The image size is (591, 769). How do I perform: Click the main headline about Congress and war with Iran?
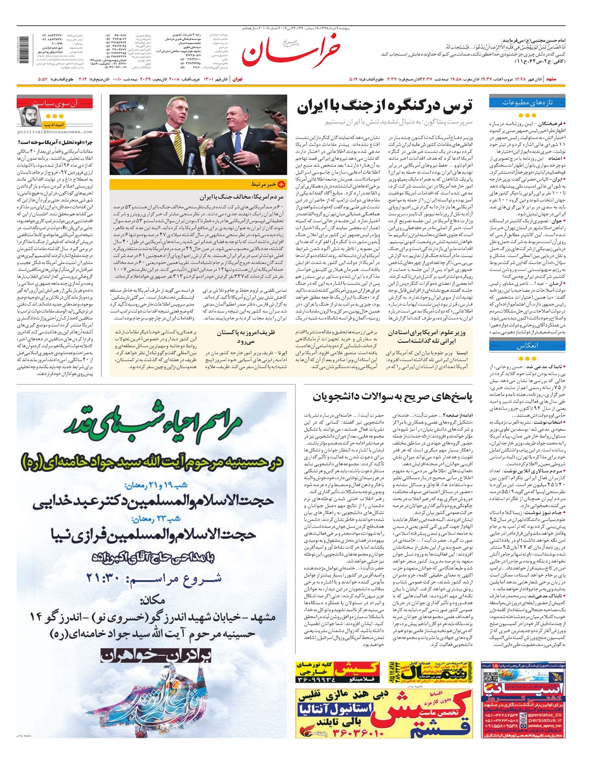(x=385, y=106)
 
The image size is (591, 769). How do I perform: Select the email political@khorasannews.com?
(x=55, y=132)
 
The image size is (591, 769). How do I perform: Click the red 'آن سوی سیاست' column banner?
(x=55, y=103)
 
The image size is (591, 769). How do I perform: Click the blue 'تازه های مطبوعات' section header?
(x=527, y=103)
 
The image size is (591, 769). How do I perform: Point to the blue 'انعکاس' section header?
(x=527, y=346)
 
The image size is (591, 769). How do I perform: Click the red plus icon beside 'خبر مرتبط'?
(x=282, y=184)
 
